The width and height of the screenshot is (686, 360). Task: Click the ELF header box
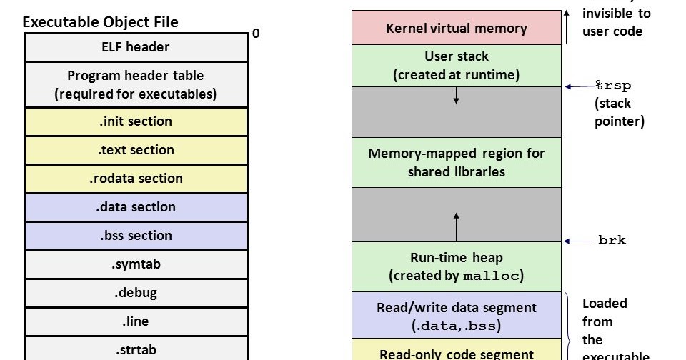136,47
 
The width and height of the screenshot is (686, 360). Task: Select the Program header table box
136,84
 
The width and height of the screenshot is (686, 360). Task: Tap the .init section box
136,121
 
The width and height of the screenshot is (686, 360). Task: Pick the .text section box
136,150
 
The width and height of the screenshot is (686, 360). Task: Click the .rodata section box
136,179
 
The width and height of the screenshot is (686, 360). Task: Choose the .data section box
136,207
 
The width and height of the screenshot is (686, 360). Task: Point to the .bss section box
136,236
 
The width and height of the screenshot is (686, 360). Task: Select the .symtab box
136,264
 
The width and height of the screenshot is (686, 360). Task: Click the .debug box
136,293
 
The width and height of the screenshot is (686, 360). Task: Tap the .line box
136,321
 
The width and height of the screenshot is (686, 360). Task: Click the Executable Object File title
101,22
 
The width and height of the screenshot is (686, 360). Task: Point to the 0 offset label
256,34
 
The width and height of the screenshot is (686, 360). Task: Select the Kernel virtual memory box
456,29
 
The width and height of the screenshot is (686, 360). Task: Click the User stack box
456,65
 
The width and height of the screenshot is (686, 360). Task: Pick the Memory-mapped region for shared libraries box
456,162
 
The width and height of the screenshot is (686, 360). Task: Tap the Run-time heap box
456,266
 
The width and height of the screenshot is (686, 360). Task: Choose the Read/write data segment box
456,316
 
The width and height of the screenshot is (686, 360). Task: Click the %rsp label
613,86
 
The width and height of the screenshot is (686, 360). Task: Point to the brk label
612,241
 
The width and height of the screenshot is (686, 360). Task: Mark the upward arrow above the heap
456,225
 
